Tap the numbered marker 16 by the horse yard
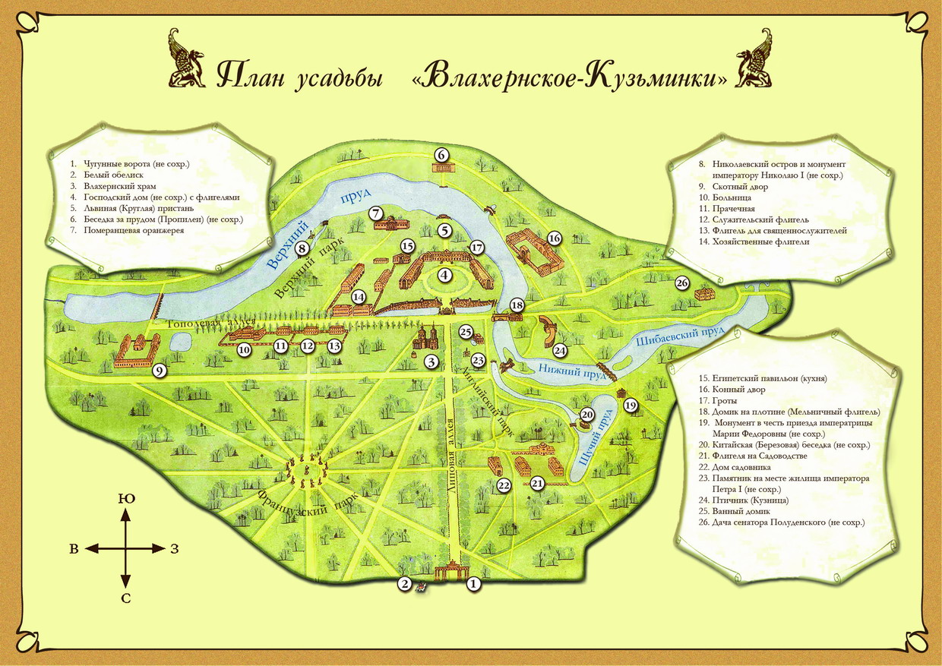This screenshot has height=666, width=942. [554, 238]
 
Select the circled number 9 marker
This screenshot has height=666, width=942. [159, 371]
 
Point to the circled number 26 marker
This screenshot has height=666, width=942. [681, 283]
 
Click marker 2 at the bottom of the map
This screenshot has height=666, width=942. [405, 583]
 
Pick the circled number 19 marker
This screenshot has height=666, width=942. [631, 406]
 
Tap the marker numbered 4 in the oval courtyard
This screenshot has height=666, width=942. [444, 276]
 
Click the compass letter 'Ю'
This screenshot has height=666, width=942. [125, 498]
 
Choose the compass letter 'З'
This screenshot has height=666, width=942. [173, 548]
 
